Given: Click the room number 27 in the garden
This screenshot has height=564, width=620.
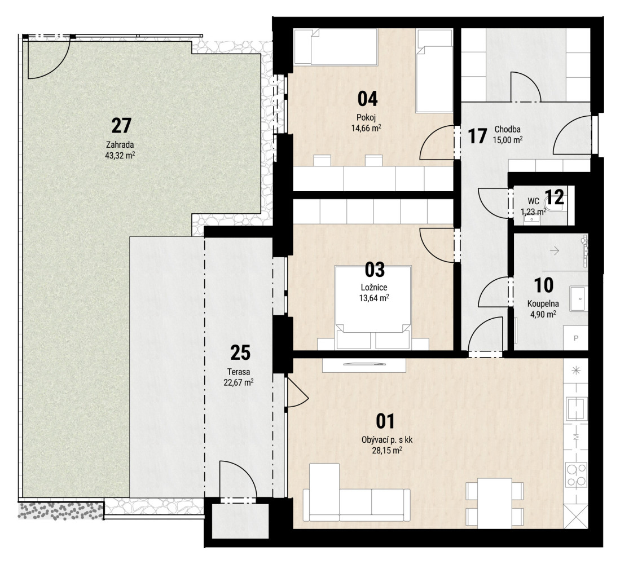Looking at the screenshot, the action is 121,126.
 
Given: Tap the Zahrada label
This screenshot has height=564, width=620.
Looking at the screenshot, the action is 120,144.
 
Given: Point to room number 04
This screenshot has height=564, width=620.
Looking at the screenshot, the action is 367,99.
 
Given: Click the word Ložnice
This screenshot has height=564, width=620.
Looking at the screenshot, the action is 373,288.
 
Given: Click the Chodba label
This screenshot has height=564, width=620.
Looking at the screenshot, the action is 507,129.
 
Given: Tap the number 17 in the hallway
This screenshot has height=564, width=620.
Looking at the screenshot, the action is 477,136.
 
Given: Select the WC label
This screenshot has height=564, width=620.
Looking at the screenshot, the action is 533,202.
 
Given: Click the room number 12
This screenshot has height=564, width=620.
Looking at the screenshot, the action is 555,197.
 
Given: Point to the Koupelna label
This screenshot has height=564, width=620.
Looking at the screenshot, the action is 543,304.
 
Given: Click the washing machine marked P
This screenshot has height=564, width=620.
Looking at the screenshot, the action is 575,338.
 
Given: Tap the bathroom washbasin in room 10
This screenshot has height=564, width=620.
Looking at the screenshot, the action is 578,298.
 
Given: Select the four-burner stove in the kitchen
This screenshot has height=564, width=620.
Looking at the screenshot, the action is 576,474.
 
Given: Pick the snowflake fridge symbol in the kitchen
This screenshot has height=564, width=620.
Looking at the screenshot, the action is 576,371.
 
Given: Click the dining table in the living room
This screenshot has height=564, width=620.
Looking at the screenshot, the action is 495,503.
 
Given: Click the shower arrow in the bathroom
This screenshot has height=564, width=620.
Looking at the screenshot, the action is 555,250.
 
